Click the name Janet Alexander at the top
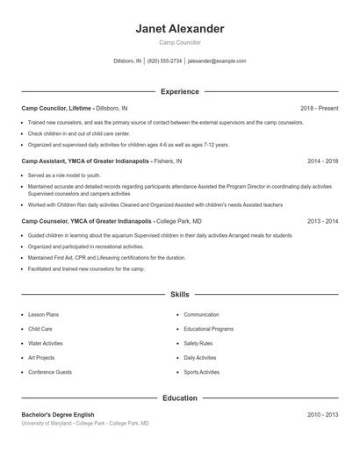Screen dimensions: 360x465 click(180, 28)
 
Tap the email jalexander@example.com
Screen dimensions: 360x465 click(218, 61)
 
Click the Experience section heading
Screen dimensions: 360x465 click(180, 91)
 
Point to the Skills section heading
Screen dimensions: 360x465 click(180, 295)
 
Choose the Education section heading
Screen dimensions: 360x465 click(180, 398)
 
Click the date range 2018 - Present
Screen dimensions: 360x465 click(319, 108)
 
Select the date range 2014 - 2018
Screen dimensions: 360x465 click(322, 161)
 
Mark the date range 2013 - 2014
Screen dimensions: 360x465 click(322, 222)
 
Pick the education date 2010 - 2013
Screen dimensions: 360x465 click(322, 414)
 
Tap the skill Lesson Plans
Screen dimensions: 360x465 click(44, 314)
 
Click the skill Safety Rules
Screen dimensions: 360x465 click(198, 344)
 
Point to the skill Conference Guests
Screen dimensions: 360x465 click(50, 373)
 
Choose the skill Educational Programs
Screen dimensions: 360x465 click(208, 329)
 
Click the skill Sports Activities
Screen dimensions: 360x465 click(202, 373)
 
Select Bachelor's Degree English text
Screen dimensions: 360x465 click(58, 414)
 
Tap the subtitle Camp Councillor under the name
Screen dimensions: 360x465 click(180, 42)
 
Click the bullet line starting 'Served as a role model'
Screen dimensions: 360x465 click(64, 175)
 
